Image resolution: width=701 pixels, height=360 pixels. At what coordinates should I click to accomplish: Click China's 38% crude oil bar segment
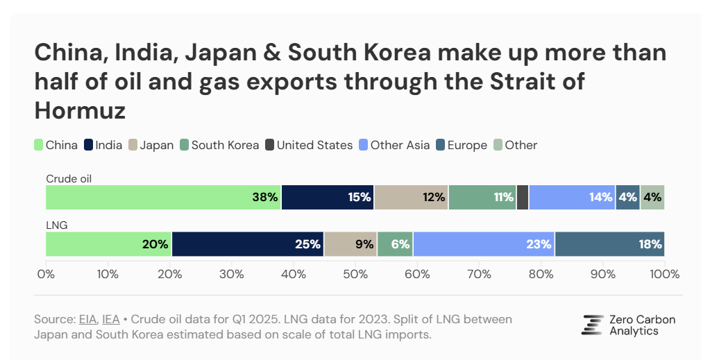pyautogui.click(x=163, y=197)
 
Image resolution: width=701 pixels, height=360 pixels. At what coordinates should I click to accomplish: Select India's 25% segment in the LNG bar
pyautogui.click(x=247, y=244)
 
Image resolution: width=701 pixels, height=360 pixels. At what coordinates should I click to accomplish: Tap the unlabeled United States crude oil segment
pyautogui.click(x=523, y=197)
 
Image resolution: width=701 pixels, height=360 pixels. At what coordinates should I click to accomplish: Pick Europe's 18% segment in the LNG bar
pyautogui.click(x=609, y=244)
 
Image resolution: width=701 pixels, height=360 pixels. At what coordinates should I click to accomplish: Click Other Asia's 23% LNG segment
pyautogui.click(x=484, y=244)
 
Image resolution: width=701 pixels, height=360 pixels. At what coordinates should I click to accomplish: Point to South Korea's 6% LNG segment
pyautogui.click(x=395, y=244)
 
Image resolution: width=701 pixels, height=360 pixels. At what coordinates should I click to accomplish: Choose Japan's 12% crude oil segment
pyautogui.click(x=411, y=197)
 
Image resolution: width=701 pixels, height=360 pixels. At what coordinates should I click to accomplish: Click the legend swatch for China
pyautogui.click(x=40, y=145)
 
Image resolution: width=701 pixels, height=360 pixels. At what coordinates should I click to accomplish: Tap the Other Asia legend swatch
pyautogui.click(x=364, y=145)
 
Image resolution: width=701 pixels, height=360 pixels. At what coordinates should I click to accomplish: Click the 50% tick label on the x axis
pyautogui.click(x=355, y=274)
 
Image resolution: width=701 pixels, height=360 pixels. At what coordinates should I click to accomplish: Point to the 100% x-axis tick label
pyautogui.click(x=664, y=274)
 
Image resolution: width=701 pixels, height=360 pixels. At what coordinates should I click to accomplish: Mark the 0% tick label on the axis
pyautogui.click(x=46, y=274)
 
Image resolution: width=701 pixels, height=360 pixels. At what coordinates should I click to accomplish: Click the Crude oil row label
pyautogui.click(x=69, y=178)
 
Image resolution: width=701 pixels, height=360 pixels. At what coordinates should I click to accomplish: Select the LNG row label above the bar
pyautogui.click(x=56, y=225)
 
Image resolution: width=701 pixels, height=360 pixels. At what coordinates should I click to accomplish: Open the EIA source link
pyautogui.click(x=87, y=319)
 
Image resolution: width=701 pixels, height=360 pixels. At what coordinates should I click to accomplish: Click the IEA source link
pyautogui.click(x=110, y=319)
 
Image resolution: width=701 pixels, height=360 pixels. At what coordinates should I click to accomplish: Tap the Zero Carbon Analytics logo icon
pyautogui.click(x=592, y=325)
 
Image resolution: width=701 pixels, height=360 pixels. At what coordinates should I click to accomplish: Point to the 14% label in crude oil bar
pyautogui.click(x=600, y=197)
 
